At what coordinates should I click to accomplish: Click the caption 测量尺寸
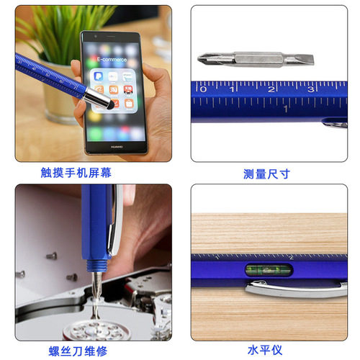(267, 174)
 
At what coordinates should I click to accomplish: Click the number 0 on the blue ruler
(204, 89)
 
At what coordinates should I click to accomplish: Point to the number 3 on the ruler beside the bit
(311, 89)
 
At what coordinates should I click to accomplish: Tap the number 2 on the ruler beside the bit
(274, 89)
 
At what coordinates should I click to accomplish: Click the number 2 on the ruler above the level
(290, 257)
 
